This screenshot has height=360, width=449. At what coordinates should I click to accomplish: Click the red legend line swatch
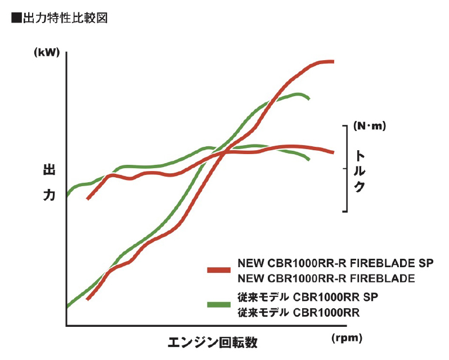(219, 270)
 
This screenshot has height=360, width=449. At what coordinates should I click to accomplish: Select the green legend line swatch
(219, 304)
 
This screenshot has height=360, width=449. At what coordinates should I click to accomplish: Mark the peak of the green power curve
(298, 94)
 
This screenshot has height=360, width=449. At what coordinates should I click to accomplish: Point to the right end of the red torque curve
(333, 152)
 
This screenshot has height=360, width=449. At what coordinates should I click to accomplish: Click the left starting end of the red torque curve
(88, 199)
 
